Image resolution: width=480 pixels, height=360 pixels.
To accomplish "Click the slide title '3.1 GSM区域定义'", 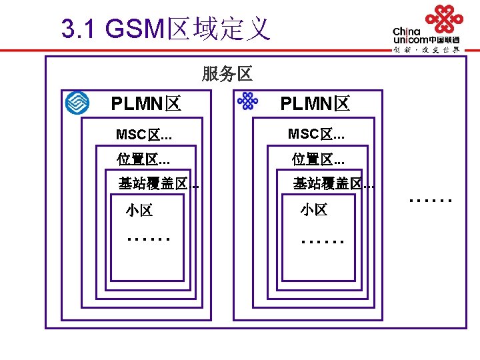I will (165, 29).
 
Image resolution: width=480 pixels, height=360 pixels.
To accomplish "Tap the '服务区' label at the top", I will (227, 74).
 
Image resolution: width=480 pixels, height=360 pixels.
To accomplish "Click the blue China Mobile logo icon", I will (77, 103).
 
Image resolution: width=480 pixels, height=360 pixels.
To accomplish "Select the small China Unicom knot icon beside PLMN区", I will (247, 101).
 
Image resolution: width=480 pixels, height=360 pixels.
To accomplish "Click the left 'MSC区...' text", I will (144, 135).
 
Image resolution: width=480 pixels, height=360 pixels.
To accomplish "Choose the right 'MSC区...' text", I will (316, 134).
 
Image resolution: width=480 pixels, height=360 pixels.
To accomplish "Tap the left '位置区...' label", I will (143, 159).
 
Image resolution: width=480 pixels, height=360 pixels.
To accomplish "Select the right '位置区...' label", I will (318, 159).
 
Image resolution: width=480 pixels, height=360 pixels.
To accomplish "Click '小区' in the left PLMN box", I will (139, 211).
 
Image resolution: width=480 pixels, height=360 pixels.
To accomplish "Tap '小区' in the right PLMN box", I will (313, 210).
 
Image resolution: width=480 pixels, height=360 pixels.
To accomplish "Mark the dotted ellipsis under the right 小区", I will (323, 241).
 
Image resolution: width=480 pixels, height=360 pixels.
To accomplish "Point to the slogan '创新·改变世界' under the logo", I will (427, 49).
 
